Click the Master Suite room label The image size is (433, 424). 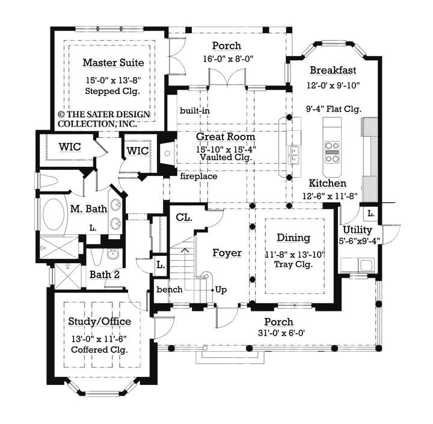113,63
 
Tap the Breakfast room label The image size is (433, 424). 334,70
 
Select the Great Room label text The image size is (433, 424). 226,137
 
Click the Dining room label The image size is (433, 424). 293,238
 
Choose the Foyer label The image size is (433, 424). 227,253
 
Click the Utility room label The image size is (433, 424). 357,230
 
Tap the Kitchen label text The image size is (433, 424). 327,183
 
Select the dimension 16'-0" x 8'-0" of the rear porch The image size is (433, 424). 226,60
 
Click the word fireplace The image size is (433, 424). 198,176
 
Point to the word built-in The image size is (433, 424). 194,111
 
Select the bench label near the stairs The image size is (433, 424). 169,290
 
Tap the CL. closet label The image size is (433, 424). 184,217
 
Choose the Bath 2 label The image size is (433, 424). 105,275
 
